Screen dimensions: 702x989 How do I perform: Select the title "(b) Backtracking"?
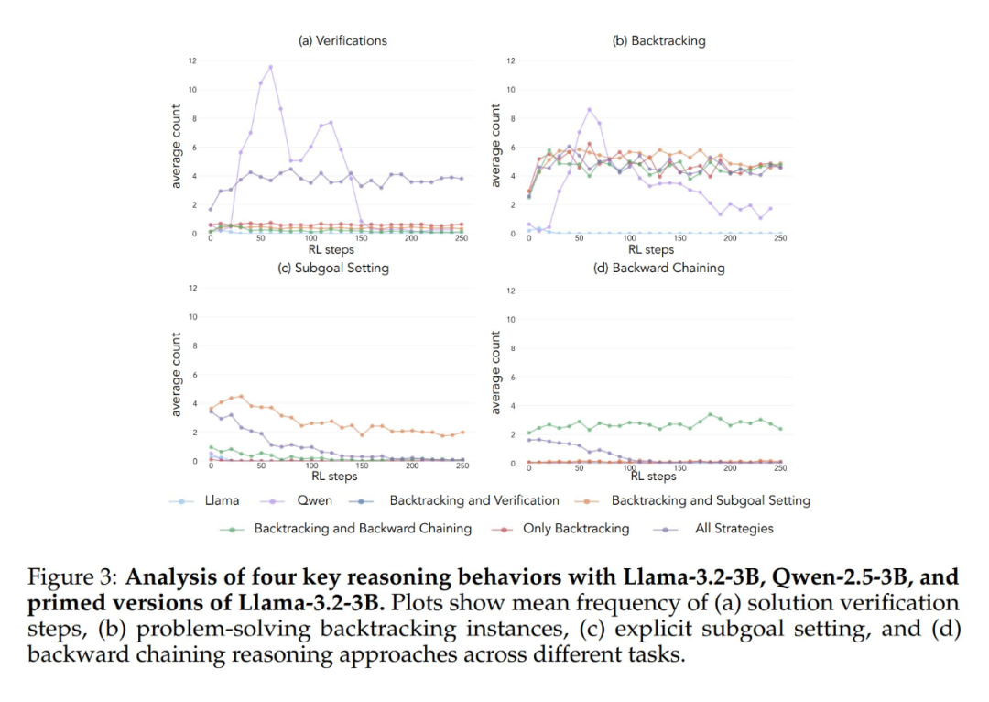pyautogui.click(x=658, y=40)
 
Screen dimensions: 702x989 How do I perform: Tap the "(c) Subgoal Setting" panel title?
pyautogui.click(x=332, y=268)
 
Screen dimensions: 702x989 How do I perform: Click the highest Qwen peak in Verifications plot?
pyautogui.click(x=270, y=66)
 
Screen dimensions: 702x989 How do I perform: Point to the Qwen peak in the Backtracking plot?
pyautogui.click(x=589, y=109)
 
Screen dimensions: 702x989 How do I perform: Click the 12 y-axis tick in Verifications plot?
pyautogui.click(x=192, y=60)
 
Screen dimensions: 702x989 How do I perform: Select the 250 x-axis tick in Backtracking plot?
pyautogui.click(x=780, y=238)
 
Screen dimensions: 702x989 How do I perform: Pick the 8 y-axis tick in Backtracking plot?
pyautogui.click(x=511, y=118)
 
